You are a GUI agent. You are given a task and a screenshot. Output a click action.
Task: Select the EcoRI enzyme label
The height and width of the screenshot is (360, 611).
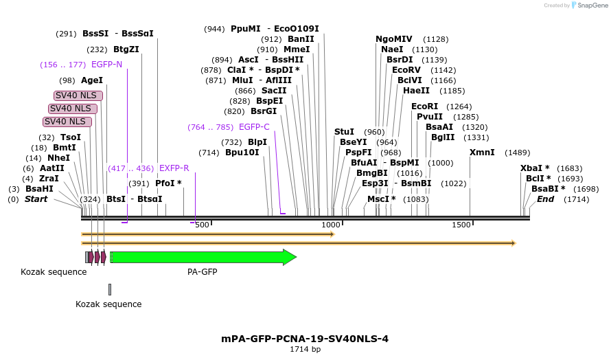coord(424,106)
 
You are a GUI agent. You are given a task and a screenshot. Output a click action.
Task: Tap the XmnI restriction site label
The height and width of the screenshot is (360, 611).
coord(482,153)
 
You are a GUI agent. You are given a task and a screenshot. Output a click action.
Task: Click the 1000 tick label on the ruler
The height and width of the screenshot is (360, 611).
coord(332,225)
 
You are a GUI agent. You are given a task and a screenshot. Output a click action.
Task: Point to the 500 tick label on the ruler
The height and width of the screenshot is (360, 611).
coord(202,225)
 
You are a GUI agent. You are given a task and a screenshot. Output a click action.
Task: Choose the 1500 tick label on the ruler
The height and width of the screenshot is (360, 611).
coord(461,225)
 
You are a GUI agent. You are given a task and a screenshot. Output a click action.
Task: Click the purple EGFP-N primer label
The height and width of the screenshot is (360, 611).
coord(106,65)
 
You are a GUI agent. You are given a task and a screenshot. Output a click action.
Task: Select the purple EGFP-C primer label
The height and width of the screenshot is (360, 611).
coord(254,127)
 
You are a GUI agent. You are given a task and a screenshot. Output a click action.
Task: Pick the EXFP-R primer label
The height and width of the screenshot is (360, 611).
coord(174,168)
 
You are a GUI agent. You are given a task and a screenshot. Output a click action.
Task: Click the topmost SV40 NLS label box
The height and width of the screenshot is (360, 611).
coord(76,95)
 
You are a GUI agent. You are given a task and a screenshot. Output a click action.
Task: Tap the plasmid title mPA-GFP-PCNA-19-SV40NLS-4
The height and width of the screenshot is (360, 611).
coord(305,339)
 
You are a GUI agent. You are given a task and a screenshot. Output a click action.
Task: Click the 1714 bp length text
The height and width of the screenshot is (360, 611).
coord(305,350)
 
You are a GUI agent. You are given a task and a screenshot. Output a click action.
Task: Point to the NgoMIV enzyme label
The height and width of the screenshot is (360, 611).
coord(394,39)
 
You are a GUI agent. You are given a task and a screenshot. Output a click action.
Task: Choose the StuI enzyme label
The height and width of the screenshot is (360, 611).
coord(344,132)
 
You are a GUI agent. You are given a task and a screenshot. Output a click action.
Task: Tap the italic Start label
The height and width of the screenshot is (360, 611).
coord(36,199)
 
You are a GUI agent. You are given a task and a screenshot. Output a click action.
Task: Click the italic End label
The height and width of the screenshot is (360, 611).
coord(545,199)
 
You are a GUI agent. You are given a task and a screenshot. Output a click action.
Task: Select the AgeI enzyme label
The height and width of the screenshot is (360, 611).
coord(92,80)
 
